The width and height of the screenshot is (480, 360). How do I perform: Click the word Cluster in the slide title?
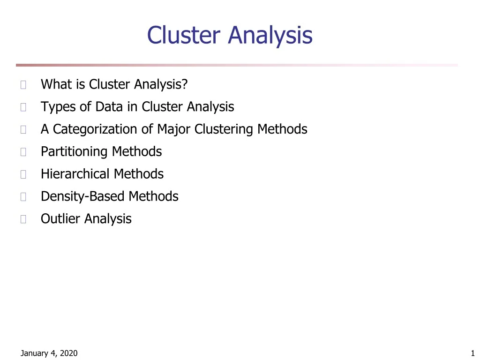pyautogui.click(x=185, y=35)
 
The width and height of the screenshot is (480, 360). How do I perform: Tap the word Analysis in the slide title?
pyautogui.click(x=270, y=36)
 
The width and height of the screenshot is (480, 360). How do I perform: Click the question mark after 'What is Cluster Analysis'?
pyautogui.click(x=185, y=84)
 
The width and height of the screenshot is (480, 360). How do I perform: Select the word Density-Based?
pyautogui.click(x=83, y=196)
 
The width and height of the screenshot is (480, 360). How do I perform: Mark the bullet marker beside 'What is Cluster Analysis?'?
pyautogui.click(x=23, y=85)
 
